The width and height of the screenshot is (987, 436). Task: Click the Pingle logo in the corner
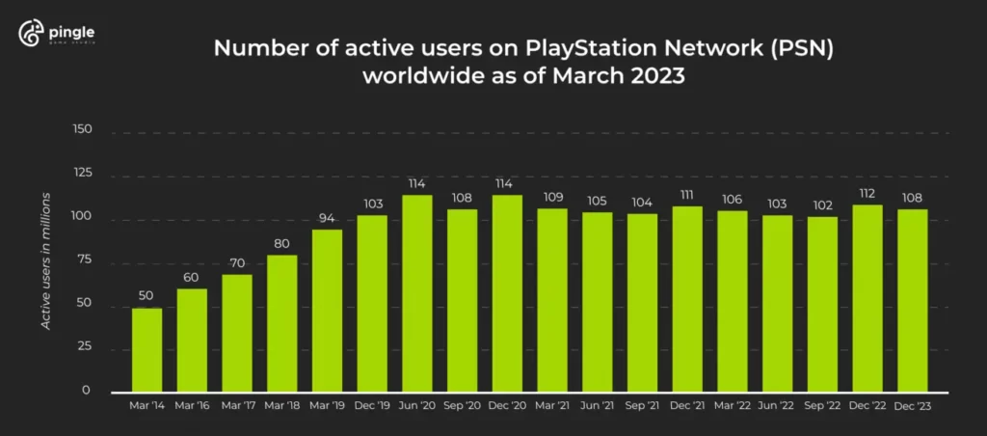click(57, 35)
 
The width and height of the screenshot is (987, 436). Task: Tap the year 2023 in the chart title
click(654, 77)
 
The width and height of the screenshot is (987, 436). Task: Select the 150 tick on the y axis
click(82, 129)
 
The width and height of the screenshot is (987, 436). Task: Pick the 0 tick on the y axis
click(86, 391)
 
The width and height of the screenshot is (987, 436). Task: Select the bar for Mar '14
click(147, 349)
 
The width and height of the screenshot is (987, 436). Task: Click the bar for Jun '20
click(416, 293)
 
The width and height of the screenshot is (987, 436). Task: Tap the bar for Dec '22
click(867, 297)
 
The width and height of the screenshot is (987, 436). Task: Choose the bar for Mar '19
click(327, 311)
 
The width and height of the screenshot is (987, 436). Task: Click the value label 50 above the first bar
click(147, 295)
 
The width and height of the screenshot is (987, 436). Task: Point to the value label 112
click(867, 191)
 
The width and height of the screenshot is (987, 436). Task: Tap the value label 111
click(687, 194)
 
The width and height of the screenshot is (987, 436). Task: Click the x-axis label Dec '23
click(912, 407)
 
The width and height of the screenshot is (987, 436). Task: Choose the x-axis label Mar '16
click(192, 407)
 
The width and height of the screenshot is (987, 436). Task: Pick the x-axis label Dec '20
click(507, 407)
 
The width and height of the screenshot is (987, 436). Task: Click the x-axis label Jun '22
click(777, 407)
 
